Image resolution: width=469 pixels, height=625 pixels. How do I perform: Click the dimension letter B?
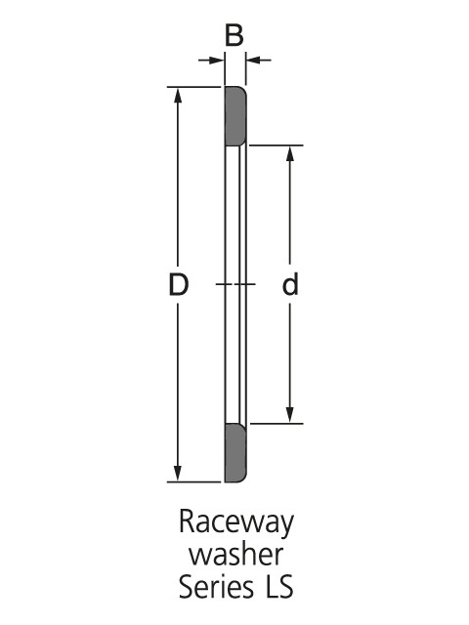point(234,35)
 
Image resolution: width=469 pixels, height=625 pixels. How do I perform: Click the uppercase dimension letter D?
point(178,284)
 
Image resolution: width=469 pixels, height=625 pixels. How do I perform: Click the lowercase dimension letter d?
point(290,284)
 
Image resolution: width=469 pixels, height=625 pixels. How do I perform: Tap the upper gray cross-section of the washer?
point(235,116)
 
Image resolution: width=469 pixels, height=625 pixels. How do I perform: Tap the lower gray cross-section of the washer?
point(235,452)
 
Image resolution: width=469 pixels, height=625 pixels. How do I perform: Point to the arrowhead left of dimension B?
point(216,61)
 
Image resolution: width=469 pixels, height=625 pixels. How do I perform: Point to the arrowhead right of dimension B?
point(254,61)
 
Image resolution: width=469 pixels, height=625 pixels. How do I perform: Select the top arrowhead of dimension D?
point(178,96)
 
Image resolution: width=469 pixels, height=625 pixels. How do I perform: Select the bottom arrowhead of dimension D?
point(178,473)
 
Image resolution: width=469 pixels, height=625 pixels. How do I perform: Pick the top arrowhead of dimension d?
point(290,154)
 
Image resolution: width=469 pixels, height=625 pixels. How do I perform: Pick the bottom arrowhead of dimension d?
point(290,414)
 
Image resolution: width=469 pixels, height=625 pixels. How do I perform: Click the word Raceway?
point(236,522)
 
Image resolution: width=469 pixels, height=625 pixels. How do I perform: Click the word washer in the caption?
point(235,555)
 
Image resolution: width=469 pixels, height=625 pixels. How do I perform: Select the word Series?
point(216,586)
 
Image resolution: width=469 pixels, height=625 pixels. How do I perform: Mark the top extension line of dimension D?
point(193,87)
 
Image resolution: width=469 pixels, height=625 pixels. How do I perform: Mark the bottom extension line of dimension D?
point(193,481)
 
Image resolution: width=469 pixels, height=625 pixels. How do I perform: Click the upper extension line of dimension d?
point(276,146)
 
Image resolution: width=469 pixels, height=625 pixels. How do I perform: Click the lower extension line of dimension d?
point(276,423)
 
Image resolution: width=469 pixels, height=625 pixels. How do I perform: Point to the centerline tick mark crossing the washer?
point(235,284)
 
